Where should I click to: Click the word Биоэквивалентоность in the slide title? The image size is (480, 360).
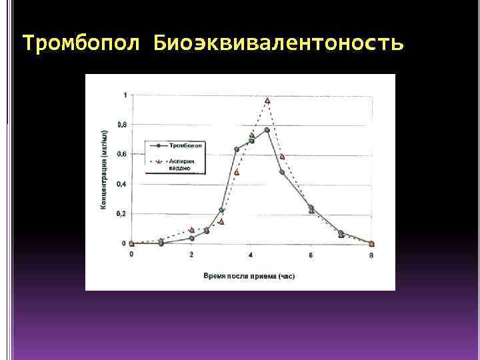coord(278,43)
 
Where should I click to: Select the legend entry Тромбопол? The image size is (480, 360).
coord(186,145)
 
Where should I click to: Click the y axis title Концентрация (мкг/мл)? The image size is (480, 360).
coord(105,170)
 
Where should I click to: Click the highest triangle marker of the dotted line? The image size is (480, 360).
coord(267,101)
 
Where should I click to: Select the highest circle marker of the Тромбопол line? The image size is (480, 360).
coord(267,130)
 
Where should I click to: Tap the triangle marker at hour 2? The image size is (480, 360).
coord(191,230)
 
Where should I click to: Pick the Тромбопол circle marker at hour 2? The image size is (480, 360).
coord(191,238)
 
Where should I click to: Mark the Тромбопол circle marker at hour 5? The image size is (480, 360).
coord(281,172)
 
